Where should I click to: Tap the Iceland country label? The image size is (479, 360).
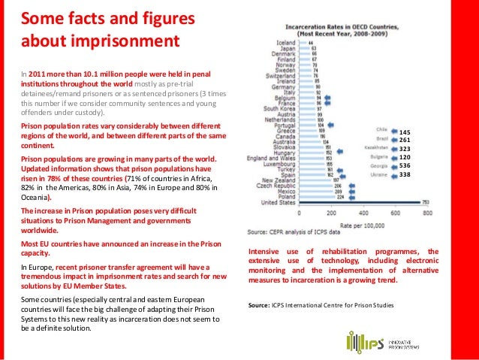(286, 42)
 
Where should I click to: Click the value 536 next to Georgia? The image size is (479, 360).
(405, 166)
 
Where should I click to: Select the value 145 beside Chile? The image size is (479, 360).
(405, 132)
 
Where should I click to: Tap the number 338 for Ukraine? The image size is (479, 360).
(405, 175)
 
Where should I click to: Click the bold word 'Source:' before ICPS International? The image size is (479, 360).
(259, 306)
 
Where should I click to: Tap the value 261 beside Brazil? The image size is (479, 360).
(405, 141)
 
